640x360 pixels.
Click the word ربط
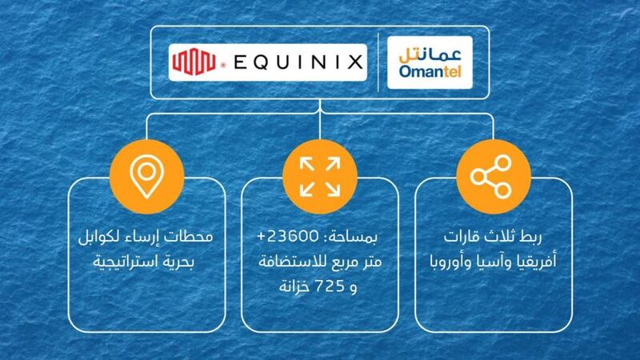tap(538, 238)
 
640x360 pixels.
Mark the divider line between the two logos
tap(377, 63)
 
